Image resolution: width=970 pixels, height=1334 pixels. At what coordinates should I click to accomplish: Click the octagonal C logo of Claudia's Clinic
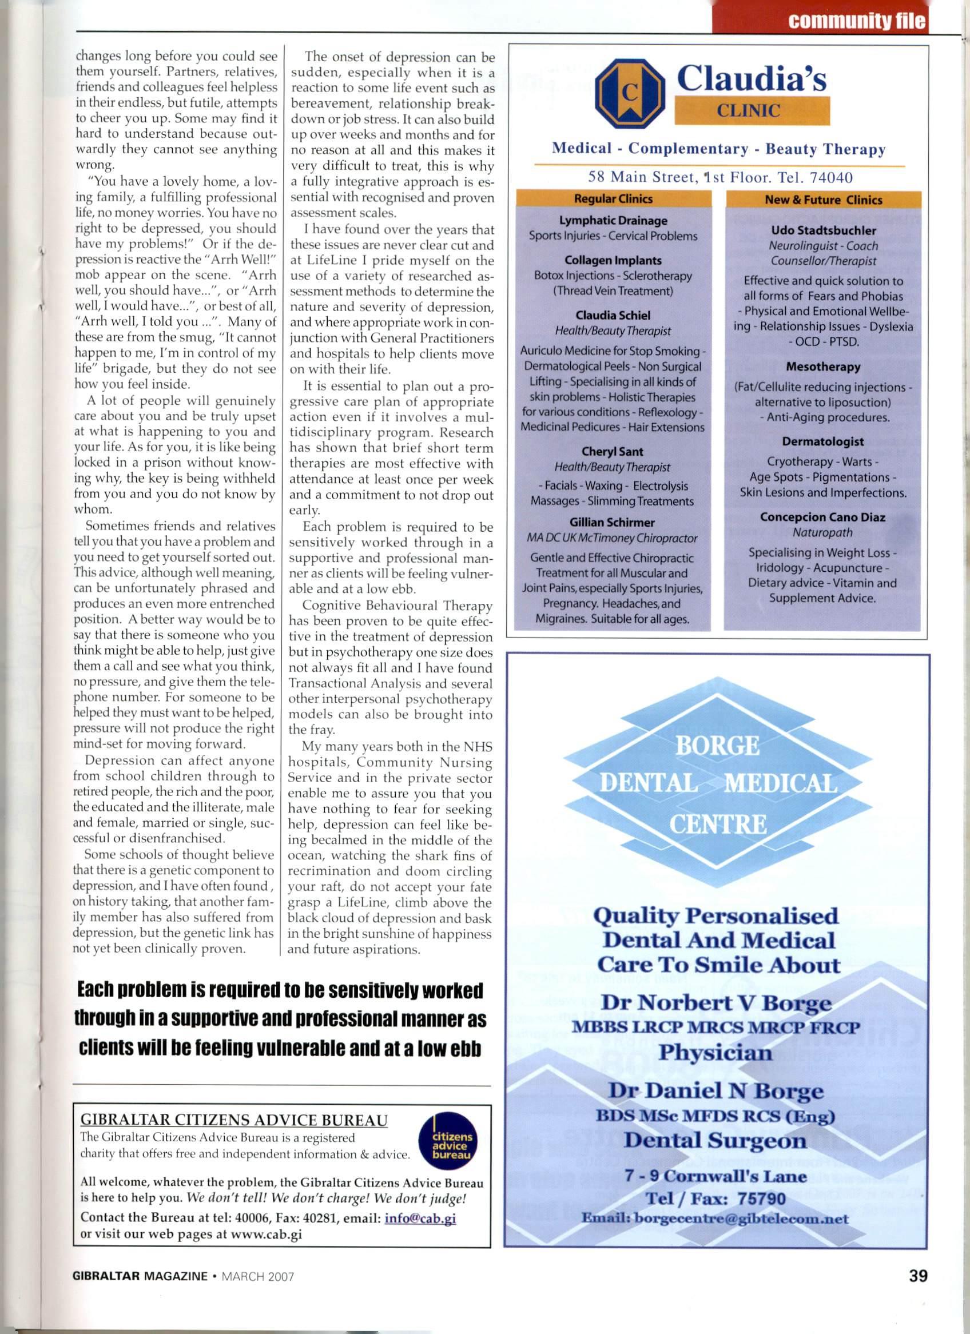(x=628, y=94)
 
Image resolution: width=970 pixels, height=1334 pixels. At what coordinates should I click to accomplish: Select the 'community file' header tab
(x=856, y=23)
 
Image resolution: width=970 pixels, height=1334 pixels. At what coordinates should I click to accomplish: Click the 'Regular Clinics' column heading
(x=613, y=199)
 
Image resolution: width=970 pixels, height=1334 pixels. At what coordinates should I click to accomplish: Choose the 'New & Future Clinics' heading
(x=823, y=200)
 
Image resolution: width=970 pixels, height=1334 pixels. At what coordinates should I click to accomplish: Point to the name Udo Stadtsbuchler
(x=823, y=230)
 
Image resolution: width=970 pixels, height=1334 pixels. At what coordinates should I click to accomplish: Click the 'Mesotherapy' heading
(x=823, y=367)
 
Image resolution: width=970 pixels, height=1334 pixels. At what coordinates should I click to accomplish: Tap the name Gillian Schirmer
(x=612, y=522)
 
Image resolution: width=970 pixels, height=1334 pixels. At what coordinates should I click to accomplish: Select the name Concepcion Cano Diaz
(x=823, y=517)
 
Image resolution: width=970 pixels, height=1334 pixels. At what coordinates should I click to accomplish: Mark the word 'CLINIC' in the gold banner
(x=752, y=110)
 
